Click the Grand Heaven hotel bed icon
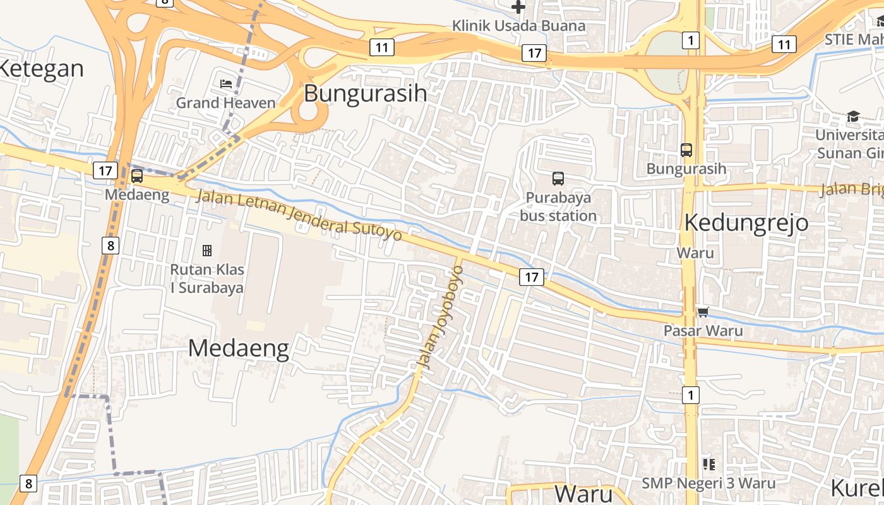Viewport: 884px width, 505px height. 226,83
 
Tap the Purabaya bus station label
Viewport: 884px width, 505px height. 558,206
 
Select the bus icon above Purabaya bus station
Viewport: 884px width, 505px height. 558,179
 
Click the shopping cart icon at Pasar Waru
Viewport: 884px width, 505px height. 703,312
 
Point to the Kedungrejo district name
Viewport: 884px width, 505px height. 746,223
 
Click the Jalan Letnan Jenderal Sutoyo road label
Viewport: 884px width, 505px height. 299,215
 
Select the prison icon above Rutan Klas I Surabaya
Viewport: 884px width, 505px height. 206,251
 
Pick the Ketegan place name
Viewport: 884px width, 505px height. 40,68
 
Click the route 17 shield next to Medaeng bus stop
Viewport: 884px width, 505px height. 105,170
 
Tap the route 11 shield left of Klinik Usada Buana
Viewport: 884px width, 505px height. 382,47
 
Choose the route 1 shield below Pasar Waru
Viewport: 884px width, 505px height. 691,395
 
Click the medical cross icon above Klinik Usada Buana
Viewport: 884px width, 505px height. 518,8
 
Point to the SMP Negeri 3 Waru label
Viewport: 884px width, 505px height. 708,483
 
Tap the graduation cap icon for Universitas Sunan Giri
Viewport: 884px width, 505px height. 853,117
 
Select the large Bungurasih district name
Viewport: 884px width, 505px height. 366,93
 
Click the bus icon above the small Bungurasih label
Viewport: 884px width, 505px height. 686,150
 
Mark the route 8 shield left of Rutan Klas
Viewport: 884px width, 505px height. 110,245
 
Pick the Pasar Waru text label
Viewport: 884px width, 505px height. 703,330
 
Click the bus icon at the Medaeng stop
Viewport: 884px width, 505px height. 137,176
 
